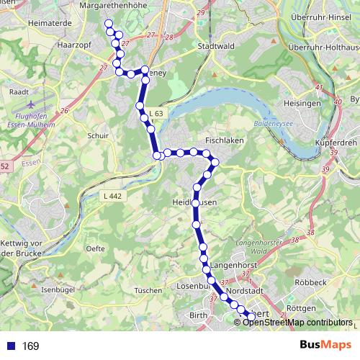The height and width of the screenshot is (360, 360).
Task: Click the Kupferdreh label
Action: [x=336, y=143]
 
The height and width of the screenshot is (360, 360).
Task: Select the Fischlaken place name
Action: [x=224, y=141]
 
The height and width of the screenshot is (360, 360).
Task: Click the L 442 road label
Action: [x=112, y=197]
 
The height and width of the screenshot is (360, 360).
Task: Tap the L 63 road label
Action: [x=158, y=114]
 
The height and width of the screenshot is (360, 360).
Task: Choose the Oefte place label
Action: [x=95, y=248]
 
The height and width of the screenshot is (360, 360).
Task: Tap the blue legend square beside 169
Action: [x=11, y=346]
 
